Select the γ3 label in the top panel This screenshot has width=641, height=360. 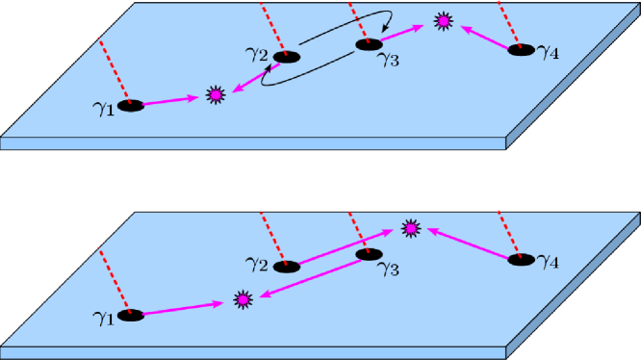pos(387,62)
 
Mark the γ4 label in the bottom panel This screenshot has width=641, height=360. pos(550,260)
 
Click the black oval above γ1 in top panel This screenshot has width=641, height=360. pos(131,104)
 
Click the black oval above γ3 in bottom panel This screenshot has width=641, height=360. pos(367,254)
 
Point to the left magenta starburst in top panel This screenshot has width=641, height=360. pos(217,94)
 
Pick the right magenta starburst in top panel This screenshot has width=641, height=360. pos(443,19)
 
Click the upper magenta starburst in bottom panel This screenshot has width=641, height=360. pos(411,228)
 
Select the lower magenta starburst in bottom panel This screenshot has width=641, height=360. pos(243,300)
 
